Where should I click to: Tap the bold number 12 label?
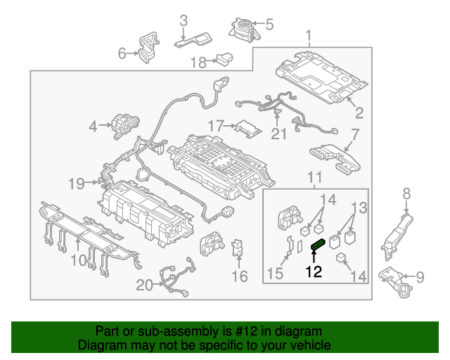click(314, 271)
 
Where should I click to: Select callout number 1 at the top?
click(308, 35)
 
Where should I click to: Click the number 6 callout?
click(122, 52)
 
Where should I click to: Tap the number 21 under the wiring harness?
click(279, 133)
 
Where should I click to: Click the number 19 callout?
click(76, 184)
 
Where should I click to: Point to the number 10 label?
click(78, 261)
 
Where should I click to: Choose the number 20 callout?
click(144, 285)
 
